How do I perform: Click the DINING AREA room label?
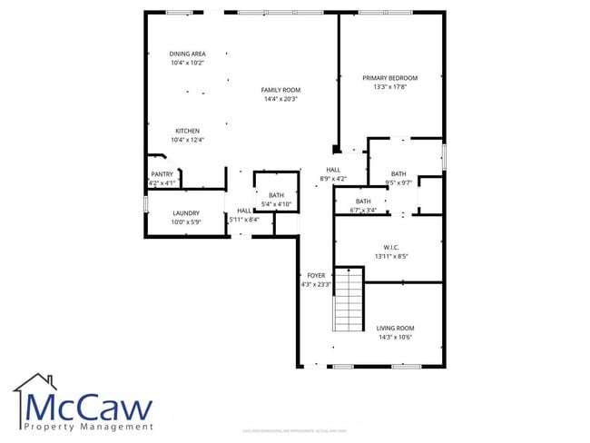tap(187, 54)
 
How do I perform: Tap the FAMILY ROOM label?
tap(280, 90)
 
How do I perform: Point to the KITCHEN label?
tap(187, 131)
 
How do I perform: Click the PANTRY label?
tap(162, 174)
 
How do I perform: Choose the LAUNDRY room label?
tap(185, 212)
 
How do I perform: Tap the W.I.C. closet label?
tap(391, 247)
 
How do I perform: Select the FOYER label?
tap(316, 275)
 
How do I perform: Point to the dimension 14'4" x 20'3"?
tap(280, 99)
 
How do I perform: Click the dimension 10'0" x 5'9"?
tap(185, 221)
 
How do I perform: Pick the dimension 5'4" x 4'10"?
tap(276, 204)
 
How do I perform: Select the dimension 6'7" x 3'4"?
tap(363, 211)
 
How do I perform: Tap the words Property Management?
tap(88, 427)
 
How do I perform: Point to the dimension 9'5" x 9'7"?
tap(398, 182)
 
